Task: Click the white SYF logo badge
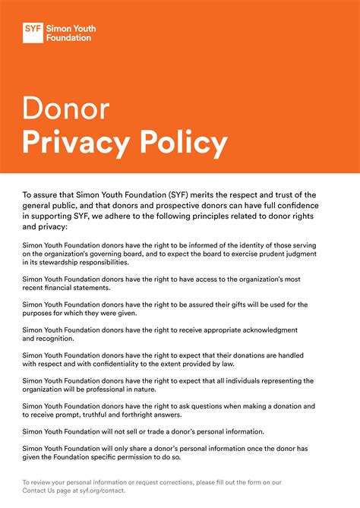tap(33, 32)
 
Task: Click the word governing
tap(144, 253)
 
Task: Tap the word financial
tap(58, 289)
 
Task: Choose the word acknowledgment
tap(266, 330)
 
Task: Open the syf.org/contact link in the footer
tap(100, 491)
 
